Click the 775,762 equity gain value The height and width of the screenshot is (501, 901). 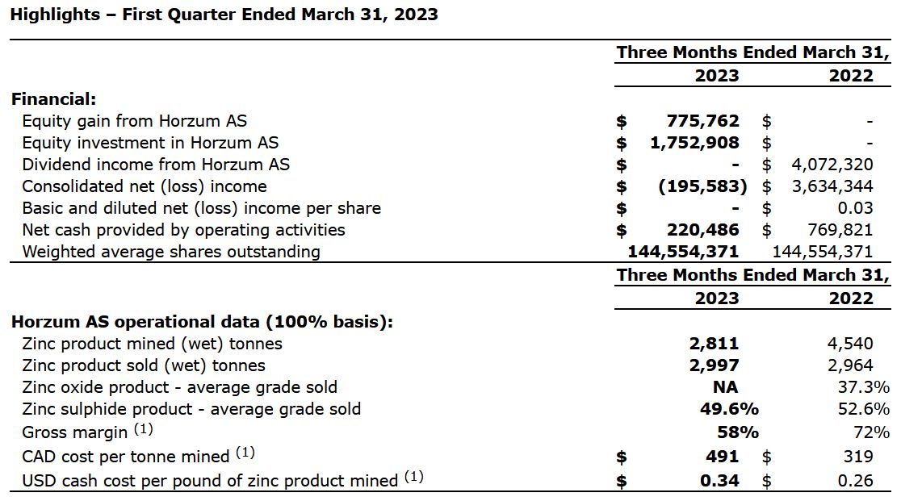(x=702, y=121)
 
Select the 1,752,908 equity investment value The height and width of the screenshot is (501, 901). (x=694, y=143)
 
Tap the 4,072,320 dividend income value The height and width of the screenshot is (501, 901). (x=831, y=165)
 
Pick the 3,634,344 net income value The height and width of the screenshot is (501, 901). (x=831, y=186)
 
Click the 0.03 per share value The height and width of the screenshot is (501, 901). (x=855, y=208)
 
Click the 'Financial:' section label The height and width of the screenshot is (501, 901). (x=53, y=99)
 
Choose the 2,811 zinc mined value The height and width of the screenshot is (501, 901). (x=714, y=344)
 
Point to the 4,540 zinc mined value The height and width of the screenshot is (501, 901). (x=850, y=344)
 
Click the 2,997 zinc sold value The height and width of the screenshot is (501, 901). (x=714, y=365)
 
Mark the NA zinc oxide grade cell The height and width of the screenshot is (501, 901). (x=725, y=387)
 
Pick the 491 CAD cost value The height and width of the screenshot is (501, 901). (x=722, y=457)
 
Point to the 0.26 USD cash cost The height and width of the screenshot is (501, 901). (x=855, y=480)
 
